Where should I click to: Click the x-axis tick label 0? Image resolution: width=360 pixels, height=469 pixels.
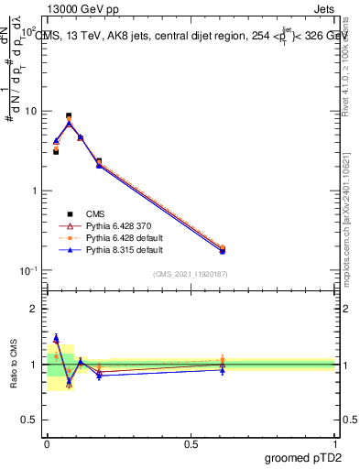pyautogui.click(x=46, y=443)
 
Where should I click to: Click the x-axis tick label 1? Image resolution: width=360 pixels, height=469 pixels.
pyautogui.click(x=335, y=443)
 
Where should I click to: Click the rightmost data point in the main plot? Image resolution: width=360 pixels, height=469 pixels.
pyautogui.click(x=222, y=250)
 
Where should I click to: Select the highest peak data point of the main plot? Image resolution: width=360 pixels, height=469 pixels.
pyautogui.click(x=69, y=116)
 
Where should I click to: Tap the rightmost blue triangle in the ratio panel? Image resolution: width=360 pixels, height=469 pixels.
pyautogui.click(x=222, y=369)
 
